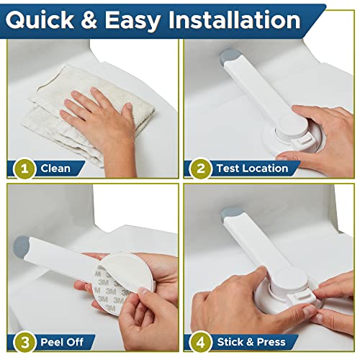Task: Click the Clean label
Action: [x=55, y=168]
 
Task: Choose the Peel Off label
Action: [x=64, y=341]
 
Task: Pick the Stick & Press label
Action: [x=251, y=341]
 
